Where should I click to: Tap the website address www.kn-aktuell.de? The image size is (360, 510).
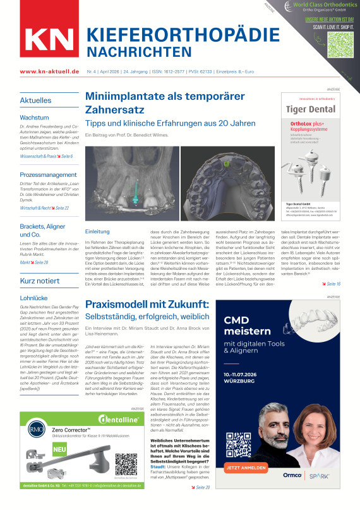[44, 73]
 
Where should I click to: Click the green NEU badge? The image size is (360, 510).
[30, 451]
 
